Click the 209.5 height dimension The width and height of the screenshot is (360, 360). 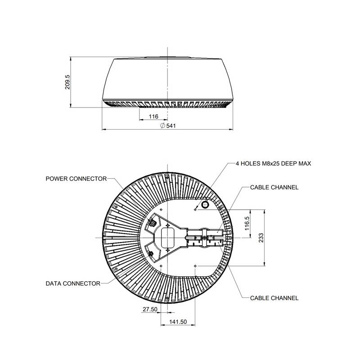point(67,82)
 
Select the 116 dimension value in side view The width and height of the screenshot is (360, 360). point(153,117)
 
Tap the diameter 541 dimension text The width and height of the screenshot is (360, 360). point(168,126)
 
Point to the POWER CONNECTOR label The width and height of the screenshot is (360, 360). point(76,179)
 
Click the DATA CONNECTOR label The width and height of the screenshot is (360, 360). point(73,283)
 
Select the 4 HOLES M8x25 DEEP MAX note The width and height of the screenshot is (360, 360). point(273,163)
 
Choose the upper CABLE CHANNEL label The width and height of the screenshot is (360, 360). point(274,187)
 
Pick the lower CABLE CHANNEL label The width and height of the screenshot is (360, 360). point(274,298)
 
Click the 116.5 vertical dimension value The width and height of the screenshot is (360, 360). point(247,223)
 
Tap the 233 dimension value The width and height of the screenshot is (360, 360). point(261,238)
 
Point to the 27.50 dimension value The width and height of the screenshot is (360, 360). point(150,309)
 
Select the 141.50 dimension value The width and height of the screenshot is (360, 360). point(178,322)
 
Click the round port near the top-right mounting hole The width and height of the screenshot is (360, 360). point(205,204)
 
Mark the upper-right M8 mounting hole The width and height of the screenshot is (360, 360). point(195,209)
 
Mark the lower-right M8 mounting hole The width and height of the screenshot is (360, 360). point(195,266)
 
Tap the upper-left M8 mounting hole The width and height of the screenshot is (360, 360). point(161,209)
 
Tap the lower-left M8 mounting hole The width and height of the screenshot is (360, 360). point(161,266)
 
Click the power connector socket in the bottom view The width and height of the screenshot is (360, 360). point(152,223)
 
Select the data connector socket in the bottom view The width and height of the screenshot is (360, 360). point(151,254)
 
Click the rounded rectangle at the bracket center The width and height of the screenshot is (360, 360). point(167,238)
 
